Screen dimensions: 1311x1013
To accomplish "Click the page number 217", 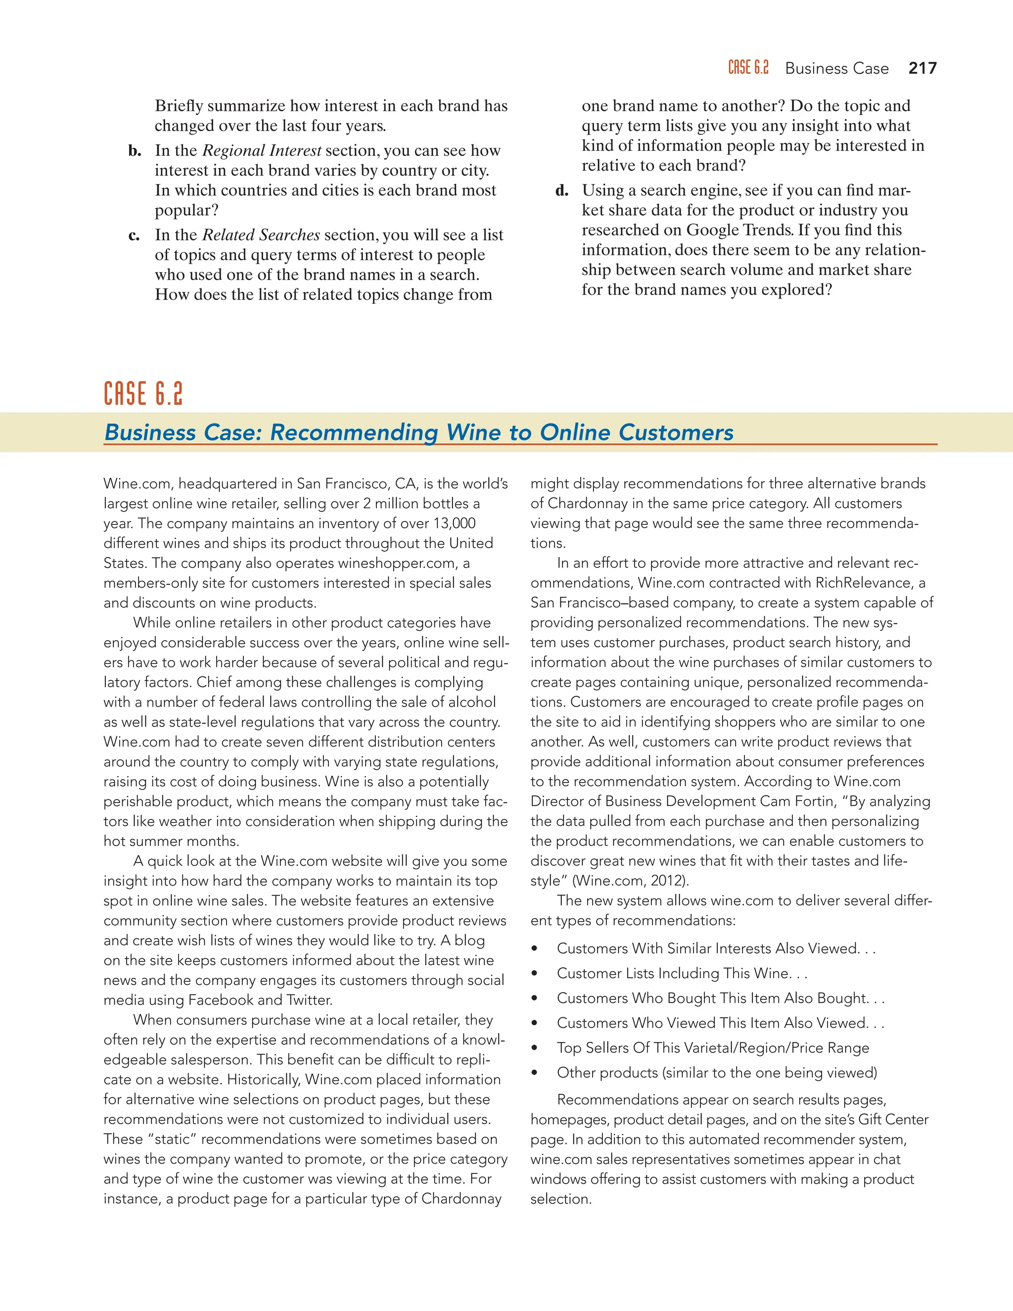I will point(922,68).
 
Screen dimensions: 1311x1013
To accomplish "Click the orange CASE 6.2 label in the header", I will point(748,68).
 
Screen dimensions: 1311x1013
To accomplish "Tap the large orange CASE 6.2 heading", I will point(143,394).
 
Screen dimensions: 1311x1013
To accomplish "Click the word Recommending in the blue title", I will point(354,432).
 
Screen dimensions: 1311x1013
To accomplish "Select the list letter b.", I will point(135,151).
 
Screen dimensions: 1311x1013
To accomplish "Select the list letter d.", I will point(562,191).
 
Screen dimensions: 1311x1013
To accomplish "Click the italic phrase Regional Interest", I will point(262,151).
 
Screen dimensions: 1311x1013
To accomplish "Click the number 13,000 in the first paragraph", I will point(454,523).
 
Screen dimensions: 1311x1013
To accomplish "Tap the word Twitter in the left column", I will point(309,1000).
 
